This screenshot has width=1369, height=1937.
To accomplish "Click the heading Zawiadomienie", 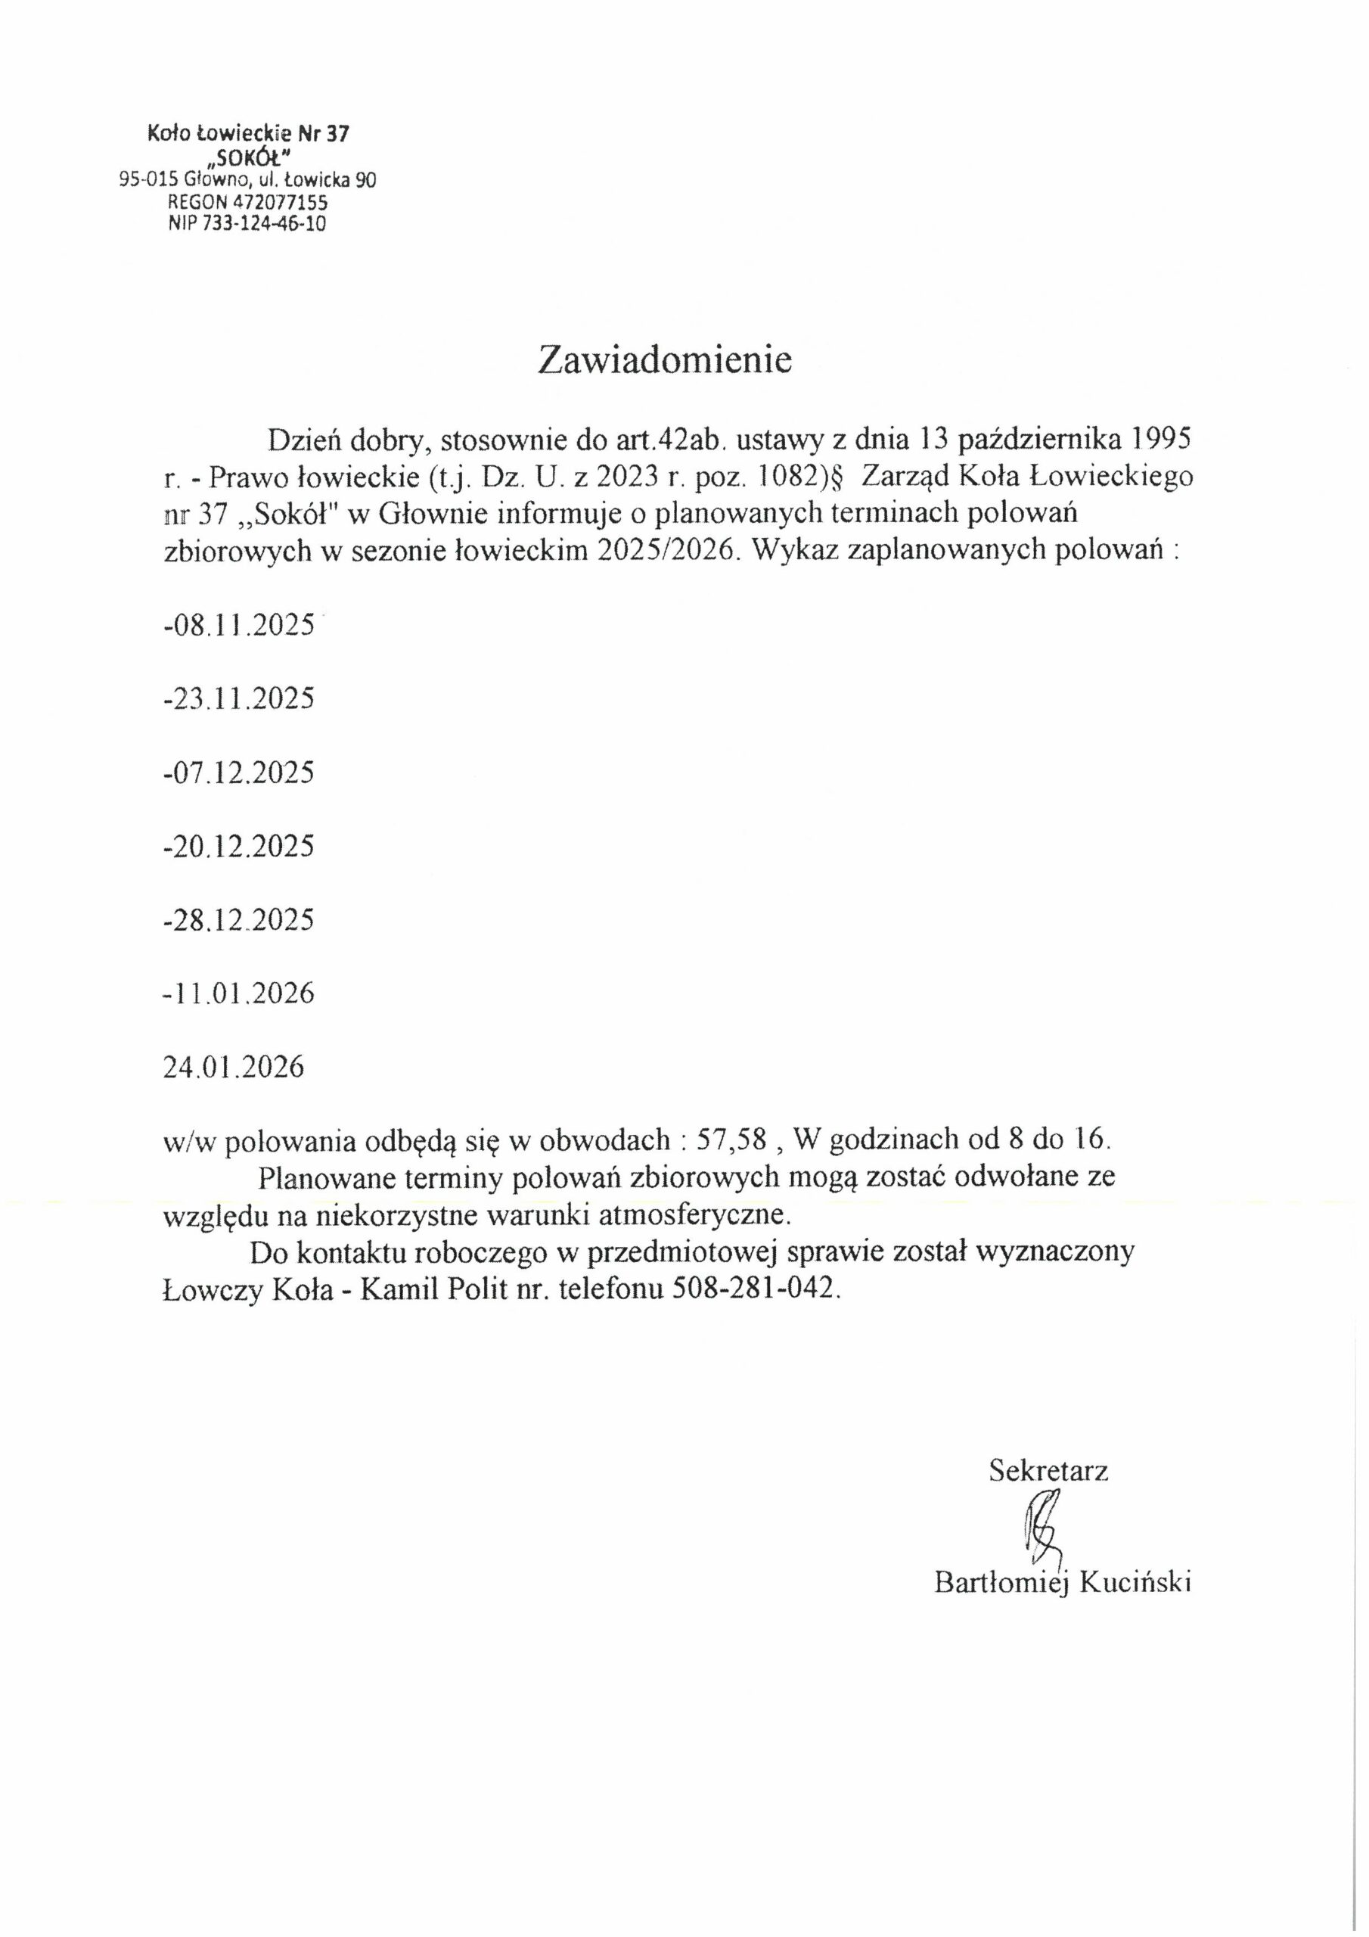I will (x=665, y=360).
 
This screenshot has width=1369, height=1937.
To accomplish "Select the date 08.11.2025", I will (x=241, y=626).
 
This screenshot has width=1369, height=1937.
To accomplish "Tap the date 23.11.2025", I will (x=241, y=699).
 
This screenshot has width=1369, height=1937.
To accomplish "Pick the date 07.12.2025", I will (x=241, y=773).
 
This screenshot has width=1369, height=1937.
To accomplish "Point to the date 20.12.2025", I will (x=241, y=846).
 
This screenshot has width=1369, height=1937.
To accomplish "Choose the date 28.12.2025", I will (x=241, y=919).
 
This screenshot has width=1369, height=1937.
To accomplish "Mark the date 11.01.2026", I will (x=241, y=993).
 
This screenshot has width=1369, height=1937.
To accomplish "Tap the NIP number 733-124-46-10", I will (x=262, y=223).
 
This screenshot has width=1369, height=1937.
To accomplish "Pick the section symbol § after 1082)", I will (x=837, y=477).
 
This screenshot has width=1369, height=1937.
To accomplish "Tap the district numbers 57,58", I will (x=731, y=1140).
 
